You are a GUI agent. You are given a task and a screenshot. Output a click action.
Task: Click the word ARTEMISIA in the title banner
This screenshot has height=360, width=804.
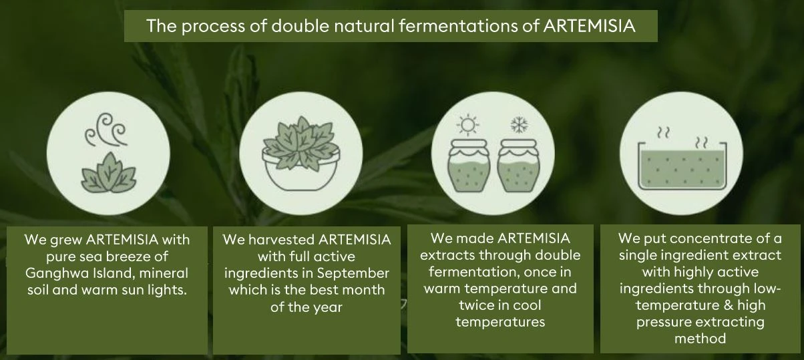[x=589, y=26]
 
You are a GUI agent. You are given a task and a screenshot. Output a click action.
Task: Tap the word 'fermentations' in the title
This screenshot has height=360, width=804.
[x=457, y=26]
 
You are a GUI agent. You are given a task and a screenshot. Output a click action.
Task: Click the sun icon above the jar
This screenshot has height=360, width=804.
[x=467, y=125]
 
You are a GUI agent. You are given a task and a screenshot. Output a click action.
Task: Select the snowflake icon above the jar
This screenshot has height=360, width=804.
[x=518, y=124]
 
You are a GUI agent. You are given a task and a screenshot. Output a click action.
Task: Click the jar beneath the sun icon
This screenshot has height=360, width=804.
[x=468, y=166]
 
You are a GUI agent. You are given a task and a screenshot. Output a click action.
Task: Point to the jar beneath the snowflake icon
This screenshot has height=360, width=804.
[x=518, y=166]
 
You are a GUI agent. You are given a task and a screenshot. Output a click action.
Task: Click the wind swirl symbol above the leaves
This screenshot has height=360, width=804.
[x=106, y=130]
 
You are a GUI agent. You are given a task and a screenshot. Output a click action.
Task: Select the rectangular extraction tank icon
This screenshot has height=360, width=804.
[x=682, y=165]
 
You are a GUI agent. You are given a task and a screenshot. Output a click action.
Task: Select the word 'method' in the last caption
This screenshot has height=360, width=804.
[x=700, y=339]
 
